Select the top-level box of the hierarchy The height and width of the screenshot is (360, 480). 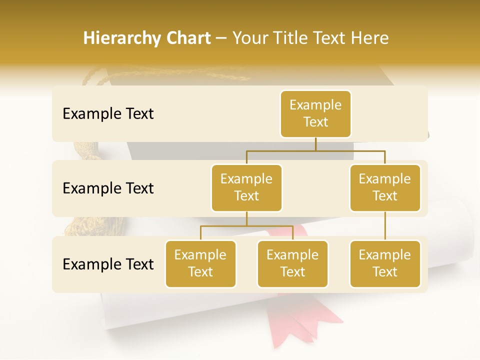point(315,114)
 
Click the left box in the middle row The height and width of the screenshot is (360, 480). point(246,188)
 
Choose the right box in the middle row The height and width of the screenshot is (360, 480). point(385,188)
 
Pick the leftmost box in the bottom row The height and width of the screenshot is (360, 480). point(200,264)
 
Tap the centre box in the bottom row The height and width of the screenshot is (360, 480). point(292,264)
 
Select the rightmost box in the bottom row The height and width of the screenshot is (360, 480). point(385,264)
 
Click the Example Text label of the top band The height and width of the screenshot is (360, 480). point(108,114)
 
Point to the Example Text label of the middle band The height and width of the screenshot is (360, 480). point(108,188)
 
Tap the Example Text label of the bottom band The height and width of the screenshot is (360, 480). point(108,264)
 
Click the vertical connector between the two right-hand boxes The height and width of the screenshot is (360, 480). point(385,226)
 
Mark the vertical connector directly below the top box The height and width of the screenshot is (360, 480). point(315,144)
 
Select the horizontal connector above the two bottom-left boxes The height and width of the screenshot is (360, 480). point(246,226)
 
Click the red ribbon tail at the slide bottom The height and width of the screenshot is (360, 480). point(300,320)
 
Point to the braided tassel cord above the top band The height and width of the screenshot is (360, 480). point(165,75)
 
